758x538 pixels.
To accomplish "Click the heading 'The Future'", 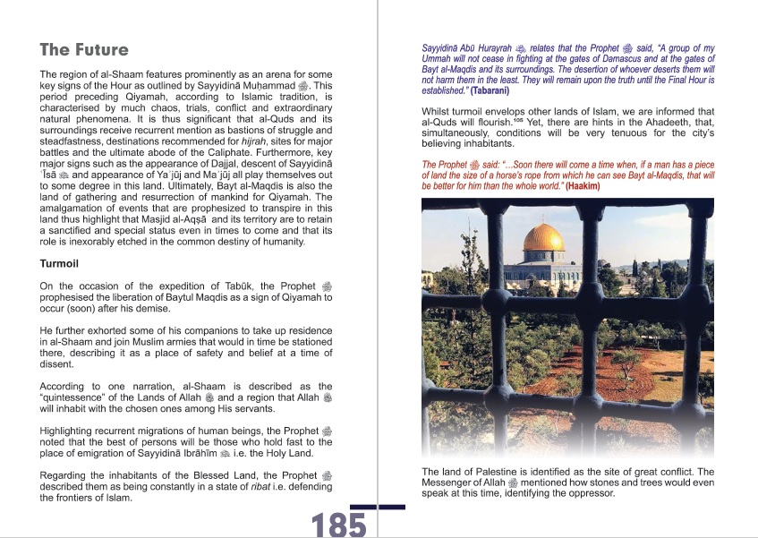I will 84,50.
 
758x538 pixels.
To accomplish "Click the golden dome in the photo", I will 543,239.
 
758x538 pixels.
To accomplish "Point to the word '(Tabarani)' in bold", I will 486,90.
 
